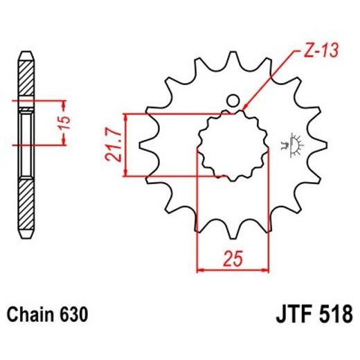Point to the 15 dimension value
[x=64, y=123]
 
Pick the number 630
[x=73, y=315]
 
